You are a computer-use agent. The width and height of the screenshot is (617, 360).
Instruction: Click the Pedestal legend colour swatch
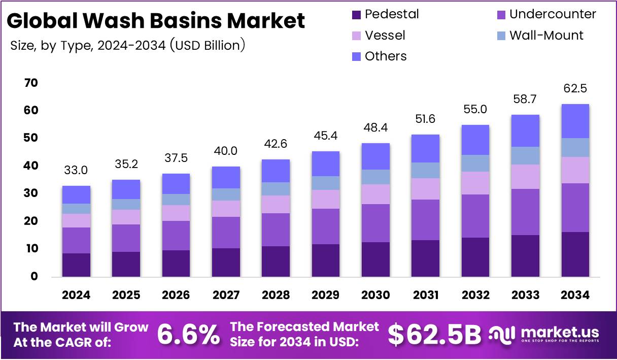(x=356, y=15)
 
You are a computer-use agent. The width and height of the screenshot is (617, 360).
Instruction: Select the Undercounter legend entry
(x=545, y=14)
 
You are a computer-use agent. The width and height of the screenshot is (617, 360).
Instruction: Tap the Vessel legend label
(x=385, y=35)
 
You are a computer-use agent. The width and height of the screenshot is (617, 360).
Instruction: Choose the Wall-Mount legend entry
(x=546, y=35)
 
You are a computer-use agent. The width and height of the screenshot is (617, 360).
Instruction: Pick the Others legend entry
(x=386, y=56)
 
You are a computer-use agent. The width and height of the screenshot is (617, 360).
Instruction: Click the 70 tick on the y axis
(x=31, y=83)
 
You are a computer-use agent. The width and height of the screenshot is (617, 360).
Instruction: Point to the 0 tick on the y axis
(x=35, y=277)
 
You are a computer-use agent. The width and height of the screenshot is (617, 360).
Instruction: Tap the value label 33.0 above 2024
(x=76, y=171)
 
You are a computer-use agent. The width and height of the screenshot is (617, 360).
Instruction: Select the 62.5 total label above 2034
(x=575, y=89)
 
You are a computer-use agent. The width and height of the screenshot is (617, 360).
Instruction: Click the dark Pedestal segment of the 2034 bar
(x=575, y=254)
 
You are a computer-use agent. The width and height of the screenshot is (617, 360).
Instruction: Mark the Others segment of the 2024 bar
(x=76, y=195)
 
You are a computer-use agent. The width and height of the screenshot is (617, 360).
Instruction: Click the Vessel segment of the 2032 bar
(x=475, y=183)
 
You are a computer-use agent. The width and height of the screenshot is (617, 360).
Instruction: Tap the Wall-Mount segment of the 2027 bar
(x=226, y=194)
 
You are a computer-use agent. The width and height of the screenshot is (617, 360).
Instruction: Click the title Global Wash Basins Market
(x=156, y=21)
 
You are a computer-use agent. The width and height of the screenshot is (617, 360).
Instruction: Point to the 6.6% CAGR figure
(x=188, y=335)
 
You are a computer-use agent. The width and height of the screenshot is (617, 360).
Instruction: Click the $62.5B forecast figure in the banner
(x=434, y=334)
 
